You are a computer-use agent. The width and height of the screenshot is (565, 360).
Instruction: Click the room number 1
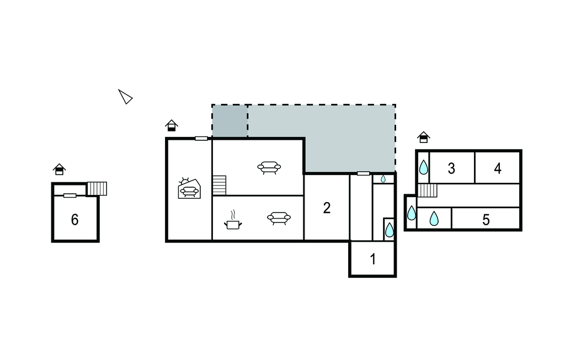tap(373, 258)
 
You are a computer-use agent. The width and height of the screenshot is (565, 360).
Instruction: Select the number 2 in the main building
tap(327, 208)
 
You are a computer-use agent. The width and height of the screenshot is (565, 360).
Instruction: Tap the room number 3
tap(451, 168)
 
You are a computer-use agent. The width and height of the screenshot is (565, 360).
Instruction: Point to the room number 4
tap(498, 168)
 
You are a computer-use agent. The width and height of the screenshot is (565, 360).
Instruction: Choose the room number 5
tap(486, 220)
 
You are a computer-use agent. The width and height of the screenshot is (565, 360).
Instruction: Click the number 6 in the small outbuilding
tap(74, 220)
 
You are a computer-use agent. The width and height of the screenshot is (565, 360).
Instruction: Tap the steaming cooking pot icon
tap(233, 220)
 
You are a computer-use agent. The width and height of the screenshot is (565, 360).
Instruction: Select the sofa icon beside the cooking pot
tap(279, 218)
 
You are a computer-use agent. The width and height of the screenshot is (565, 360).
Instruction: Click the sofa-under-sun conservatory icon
tap(189, 188)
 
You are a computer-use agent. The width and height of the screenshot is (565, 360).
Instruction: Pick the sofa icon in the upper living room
tap(269, 168)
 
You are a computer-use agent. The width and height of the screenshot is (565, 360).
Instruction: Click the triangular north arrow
tap(125, 97)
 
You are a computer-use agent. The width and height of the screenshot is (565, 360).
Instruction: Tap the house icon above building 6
tap(60, 169)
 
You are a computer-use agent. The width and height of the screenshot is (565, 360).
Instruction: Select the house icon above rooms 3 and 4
tap(424, 137)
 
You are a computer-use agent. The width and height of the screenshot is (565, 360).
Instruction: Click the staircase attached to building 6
tap(97, 189)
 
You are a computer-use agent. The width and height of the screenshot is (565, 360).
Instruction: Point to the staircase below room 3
tap(428, 190)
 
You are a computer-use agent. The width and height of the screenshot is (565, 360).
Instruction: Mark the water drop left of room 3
tap(424, 168)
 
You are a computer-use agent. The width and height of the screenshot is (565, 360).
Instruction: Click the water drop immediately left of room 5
tap(434, 219)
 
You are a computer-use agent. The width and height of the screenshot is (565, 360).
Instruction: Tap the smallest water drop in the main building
tap(383, 178)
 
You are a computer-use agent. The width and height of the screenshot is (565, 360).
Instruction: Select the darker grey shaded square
tap(230, 121)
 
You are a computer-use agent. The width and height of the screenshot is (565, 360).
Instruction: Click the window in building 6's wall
tap(70, 195)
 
